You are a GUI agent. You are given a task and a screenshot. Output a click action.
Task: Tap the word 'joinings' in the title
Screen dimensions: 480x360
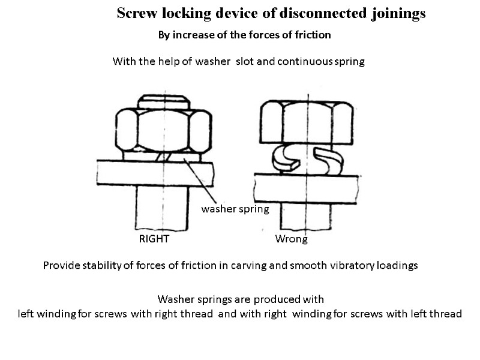point(397,13)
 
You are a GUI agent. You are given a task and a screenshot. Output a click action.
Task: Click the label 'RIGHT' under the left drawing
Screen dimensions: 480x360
point(154,239)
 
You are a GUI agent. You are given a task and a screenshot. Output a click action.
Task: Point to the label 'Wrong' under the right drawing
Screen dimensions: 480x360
point(291,239)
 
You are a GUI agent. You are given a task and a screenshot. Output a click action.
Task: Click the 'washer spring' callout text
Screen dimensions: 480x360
point(235,209)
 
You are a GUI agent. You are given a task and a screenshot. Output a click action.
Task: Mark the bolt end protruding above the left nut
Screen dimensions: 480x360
point(164,100)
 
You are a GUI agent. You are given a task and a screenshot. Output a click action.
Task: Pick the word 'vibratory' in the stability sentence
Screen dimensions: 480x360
point(337,265)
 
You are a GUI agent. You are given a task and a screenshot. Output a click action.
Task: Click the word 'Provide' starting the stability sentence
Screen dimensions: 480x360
point(61,265)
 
